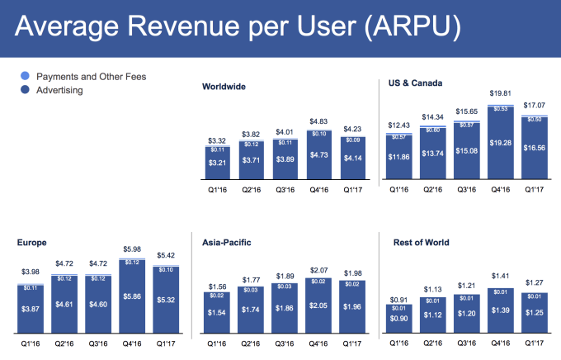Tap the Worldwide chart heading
(x=224, y=86)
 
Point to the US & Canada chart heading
(x=416, y=83)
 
